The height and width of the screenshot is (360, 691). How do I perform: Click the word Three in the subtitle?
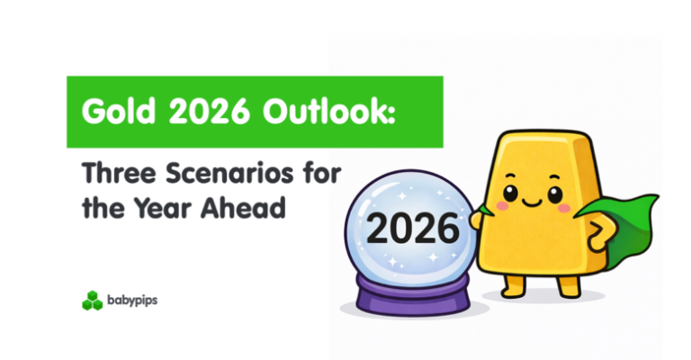[x=112, y=174]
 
